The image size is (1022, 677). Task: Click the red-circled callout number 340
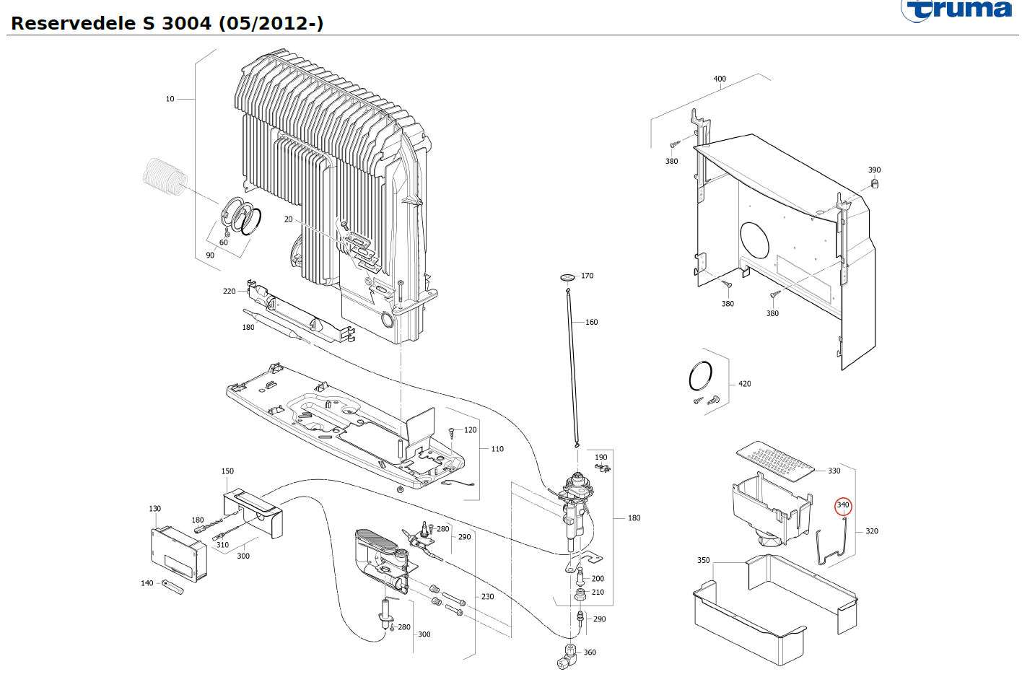pos(843,505)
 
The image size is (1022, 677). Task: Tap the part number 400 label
pos(720,79)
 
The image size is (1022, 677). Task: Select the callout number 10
pos(170,99)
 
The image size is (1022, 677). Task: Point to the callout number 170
pos(588,276)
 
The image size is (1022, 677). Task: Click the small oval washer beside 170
pos(567,276)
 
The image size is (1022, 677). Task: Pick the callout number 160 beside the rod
pos(591,322)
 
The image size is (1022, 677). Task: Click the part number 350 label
pos(703,560)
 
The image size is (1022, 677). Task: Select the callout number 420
pos(744,384)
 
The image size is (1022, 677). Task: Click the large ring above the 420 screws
pos(702,377)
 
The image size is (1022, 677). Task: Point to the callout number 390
pos(874,170)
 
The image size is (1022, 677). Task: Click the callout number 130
pos(154,509)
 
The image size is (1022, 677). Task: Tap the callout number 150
pos(227,471)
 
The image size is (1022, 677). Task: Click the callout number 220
pos(229,291)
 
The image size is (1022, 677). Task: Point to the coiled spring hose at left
pos(165,177)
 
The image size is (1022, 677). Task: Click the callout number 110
pos(497,449)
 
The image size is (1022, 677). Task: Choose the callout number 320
pos(872,531)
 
